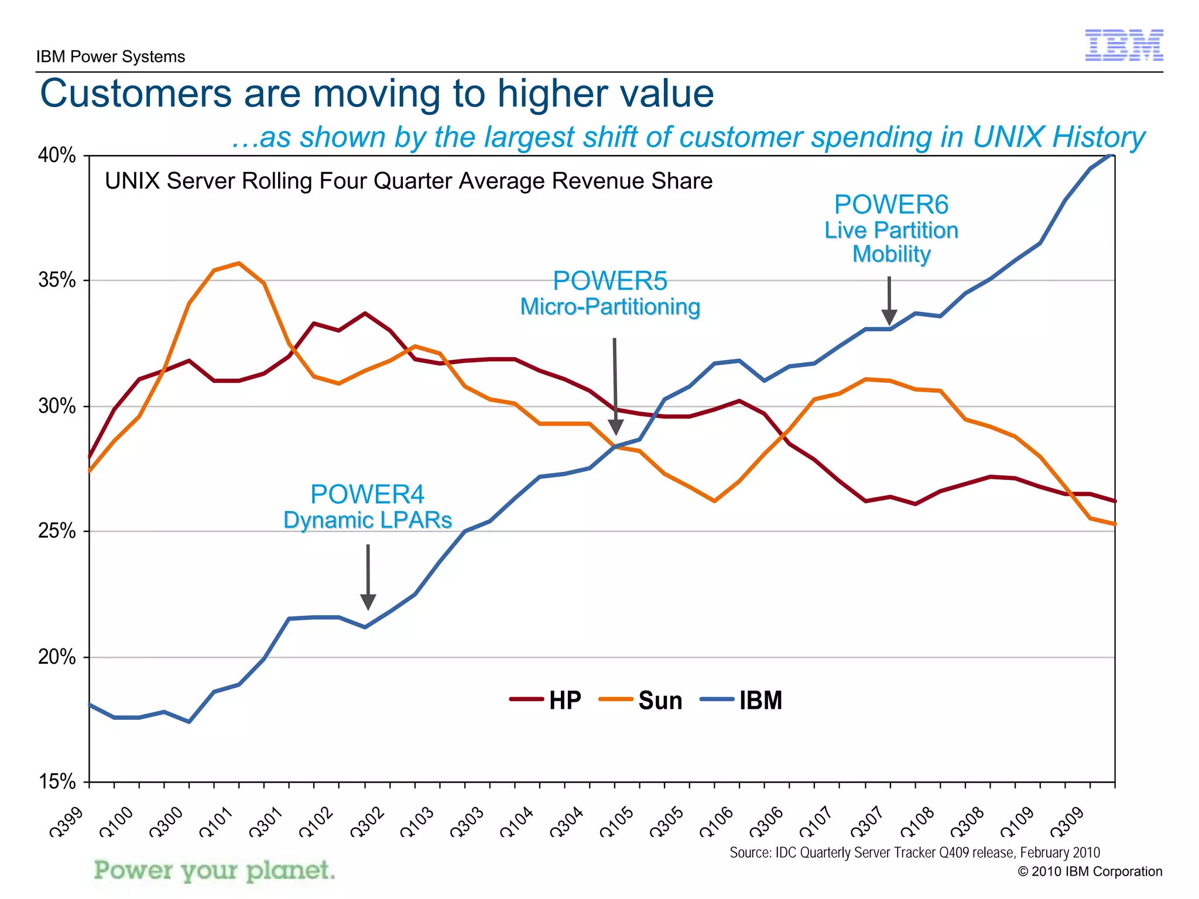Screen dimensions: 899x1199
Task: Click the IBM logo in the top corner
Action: point(1123,45)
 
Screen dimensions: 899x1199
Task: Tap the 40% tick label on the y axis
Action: point(57,156)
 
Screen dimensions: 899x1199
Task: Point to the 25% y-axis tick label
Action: point(57,531)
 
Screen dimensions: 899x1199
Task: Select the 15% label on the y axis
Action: point(57,781)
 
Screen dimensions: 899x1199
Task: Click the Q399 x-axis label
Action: point(67,821)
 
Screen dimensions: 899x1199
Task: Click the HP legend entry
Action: point(546,700)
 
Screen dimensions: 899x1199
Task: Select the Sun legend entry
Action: point(641,700)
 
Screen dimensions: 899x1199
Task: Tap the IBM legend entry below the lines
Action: point(742,700)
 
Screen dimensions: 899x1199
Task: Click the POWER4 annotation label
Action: point(367,495)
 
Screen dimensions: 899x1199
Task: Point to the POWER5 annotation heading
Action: point(610,281)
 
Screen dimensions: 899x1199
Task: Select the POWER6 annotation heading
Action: point(891,205)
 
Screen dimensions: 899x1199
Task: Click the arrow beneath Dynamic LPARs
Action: point(368,577)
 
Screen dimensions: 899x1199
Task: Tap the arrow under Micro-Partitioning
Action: point(615,386)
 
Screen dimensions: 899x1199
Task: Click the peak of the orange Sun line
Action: point(239,263)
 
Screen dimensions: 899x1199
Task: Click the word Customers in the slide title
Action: point(136,94)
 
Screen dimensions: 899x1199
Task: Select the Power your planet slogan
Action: point(215,871)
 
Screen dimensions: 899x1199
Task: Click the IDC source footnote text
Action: point(914,853)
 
